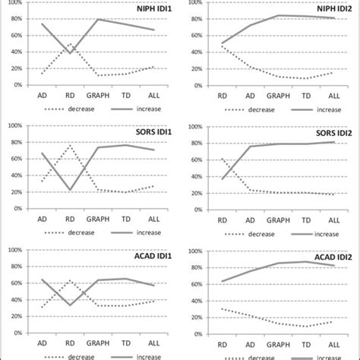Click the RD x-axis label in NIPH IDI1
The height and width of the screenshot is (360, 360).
[x=70, y=96]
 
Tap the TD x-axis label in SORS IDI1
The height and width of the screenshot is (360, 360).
[x=125, y=220]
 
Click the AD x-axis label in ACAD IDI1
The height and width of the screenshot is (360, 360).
[x=42, y=346]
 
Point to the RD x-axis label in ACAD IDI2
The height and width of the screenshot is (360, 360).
[x=222, y=346]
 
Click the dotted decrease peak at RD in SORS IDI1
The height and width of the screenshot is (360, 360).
[x=70, y=145]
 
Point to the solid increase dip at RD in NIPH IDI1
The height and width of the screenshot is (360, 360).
[x=70, y=53]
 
